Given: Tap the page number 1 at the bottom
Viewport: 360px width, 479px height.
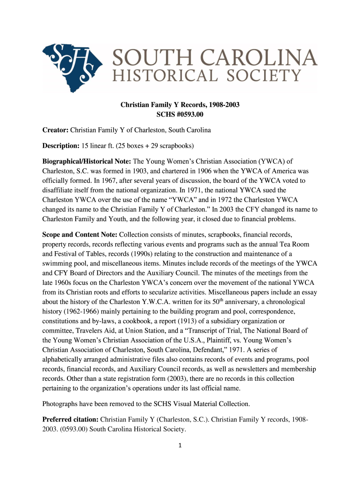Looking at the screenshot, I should [180, 445].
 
